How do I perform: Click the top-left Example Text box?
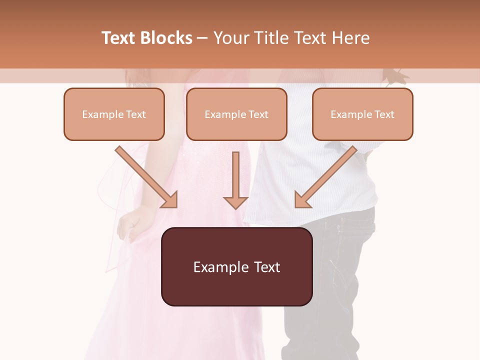click(114, 114)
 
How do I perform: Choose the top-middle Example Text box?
click(236, 114)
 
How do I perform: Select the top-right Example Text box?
click(362, 114)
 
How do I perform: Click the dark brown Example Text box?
click(236, 266)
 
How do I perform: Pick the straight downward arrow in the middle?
click(235, 180)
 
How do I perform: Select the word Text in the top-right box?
click(384, 114)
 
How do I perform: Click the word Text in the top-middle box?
click(258, 114)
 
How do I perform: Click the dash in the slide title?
click(202, 38)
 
